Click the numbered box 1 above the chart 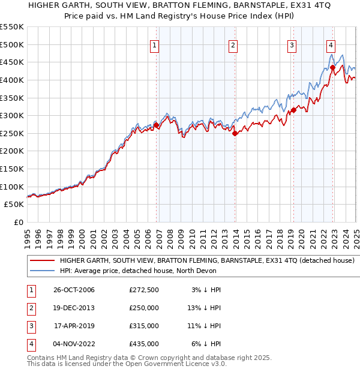coord(155,45)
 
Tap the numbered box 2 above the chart coord(233,45)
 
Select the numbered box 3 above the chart coord(292,45)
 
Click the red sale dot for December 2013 coord(235,134)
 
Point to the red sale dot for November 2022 coord(332,68)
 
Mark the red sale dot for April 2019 coord(294,110)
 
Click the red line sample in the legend coord(42,260)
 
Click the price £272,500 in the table coord(144,290)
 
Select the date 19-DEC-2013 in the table coord(74,308)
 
